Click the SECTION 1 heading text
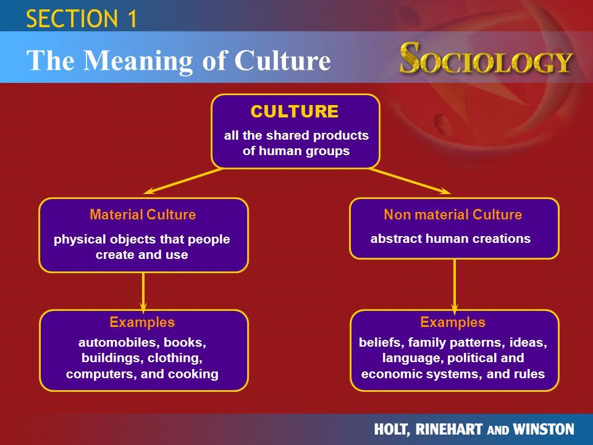[82, 19]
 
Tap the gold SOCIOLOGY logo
[486, 58]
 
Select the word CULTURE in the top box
[294, 111]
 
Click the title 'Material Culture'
[143, 214]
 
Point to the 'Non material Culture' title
[453, 214]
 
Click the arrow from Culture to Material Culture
[183, 181]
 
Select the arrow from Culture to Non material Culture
[410, 181]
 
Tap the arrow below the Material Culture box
[143, 292]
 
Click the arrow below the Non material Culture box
[455, 286]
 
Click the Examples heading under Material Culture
[142, 322]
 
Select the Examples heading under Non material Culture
[453, 322]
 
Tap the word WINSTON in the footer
[544, 429]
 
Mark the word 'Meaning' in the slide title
[138, 61]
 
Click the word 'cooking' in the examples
[193, 375]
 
